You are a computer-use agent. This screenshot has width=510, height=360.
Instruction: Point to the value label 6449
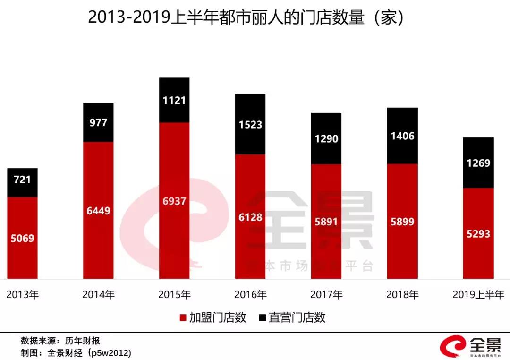(x=98, y=211)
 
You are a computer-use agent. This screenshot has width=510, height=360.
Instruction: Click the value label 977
(x=98, y=123)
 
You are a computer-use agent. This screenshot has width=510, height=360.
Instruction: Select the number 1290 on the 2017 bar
(x=326, y=139)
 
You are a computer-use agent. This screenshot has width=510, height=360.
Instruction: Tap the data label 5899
(x=402, y=222)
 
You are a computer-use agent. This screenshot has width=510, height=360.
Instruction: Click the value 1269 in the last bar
(x=478, y=163)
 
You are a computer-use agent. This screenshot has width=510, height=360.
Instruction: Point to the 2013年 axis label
(x=22, y=295)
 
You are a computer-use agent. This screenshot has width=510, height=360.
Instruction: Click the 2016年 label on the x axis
(x=250, y=295)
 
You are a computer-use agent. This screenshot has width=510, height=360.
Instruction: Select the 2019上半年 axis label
(x=478, y=295)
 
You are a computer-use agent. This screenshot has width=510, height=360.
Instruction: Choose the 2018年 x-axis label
(x=402, y=295)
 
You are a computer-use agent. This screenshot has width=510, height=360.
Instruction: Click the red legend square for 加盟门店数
(x=183, y=317)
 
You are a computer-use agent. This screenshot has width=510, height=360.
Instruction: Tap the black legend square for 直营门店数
(x=262, y=317)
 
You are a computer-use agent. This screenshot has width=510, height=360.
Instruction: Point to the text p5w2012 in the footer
(x=112, y=353)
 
